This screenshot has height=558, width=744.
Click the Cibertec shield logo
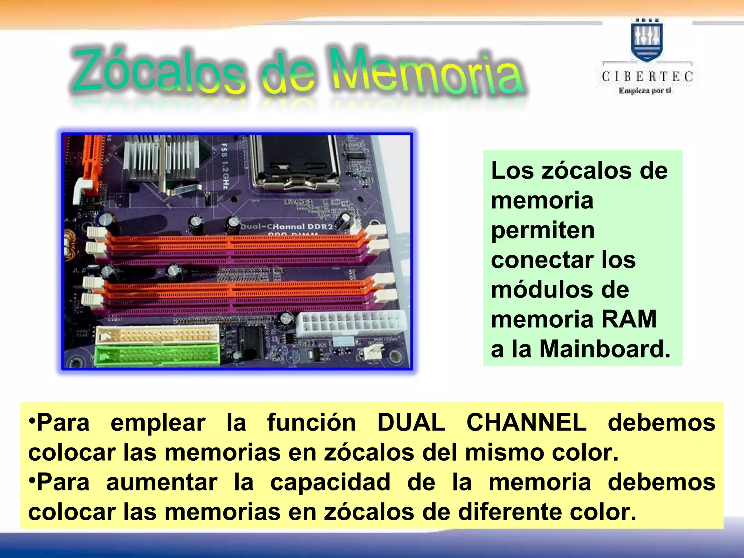tap(647, 40)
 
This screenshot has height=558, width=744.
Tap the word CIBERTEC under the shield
tap(647, 76)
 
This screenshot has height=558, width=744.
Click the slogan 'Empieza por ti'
tap(645, 91)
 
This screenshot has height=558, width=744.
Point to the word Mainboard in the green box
tap(604, 349)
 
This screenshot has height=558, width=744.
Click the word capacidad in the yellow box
tap(330, 482)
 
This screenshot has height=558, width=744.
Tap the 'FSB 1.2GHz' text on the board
tap(225, 166)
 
